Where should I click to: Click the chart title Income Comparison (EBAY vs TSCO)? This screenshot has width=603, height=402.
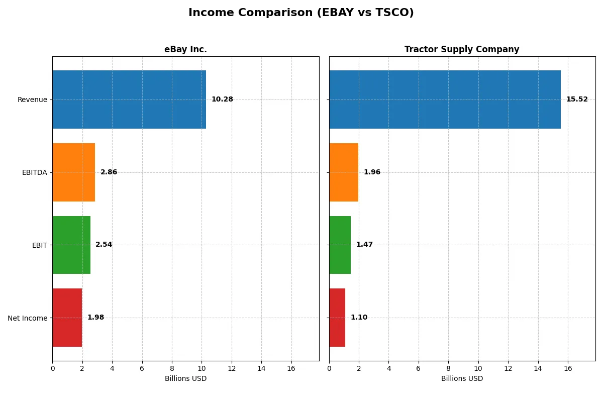click(x=301, y=13)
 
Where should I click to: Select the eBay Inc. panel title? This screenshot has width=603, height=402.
click(x=185, y=49)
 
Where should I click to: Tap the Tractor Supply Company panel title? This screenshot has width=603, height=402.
click(x=462, y=49)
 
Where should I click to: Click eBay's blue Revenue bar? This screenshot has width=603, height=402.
click(x=129, y=99)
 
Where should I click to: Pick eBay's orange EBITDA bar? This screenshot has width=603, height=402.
click(x=74, y=172)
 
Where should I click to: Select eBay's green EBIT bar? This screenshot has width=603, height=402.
click(x=71, y=245)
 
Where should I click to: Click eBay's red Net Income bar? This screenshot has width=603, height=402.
click(x=67, y=318)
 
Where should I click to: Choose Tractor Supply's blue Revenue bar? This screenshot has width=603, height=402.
click(x=445, y=99)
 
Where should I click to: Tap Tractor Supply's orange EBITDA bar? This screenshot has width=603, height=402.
click(x=344, y=172)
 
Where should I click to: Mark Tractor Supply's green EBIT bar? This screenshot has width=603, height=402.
click(x=340, y=245)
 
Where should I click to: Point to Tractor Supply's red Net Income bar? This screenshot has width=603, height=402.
click(x=337, y=318)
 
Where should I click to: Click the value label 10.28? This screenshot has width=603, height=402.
click(x=222, y=99)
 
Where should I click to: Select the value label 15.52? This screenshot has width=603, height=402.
click(x=577, y=99)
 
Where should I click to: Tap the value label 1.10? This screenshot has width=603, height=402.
click(x=359, y=318)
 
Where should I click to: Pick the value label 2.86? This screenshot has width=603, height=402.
click(x=109, y=172)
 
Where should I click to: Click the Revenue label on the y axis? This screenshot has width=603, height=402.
click(x=32, y=99)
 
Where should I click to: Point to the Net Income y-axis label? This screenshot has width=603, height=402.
click(x=28, y=318)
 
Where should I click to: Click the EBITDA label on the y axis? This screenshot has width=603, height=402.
click(x=35, y=172)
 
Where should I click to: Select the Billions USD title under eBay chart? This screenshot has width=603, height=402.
click(x=185, y=379)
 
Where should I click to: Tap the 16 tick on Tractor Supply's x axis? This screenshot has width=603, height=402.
click(x=568, y=369)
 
